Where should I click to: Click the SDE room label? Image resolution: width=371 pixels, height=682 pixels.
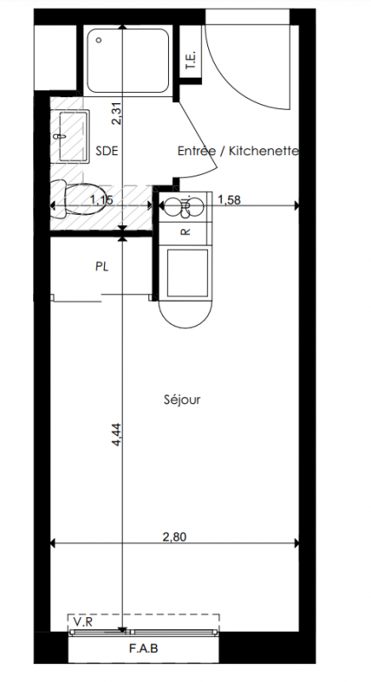(107, 151)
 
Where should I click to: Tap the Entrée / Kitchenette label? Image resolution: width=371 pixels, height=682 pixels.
(238, 151)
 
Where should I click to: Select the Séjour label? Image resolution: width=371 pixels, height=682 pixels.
(183, 400)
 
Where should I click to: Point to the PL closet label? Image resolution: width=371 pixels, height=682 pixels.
(101, 266)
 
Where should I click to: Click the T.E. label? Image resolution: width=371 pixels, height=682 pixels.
(190, 61)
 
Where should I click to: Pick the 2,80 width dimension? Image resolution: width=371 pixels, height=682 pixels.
(174, 537)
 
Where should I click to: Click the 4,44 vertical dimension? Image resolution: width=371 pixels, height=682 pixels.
(117, 434)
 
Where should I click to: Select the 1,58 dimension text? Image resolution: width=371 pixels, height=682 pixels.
(229, 199)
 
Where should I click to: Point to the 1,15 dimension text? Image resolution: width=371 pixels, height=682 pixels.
(101, 199)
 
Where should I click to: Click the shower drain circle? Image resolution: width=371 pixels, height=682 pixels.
(99, 40)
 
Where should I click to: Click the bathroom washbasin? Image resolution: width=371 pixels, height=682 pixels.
(70, 136)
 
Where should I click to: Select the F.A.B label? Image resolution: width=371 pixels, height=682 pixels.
(143, 649)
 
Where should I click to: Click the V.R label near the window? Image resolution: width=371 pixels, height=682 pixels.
(83, 622)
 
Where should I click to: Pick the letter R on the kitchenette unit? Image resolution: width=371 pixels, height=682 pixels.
(186, 231)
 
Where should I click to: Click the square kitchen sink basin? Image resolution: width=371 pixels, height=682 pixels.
(188, 273)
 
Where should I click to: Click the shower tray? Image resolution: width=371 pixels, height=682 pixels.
(127, 60)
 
